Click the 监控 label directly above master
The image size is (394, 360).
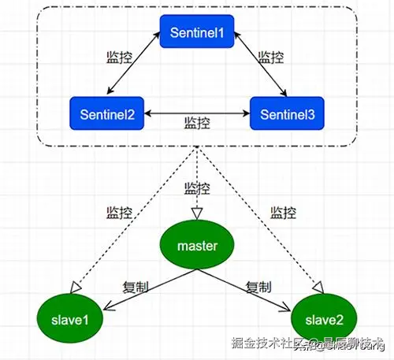tap(197, 188)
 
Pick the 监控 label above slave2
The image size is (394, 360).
tap(284, 213)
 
